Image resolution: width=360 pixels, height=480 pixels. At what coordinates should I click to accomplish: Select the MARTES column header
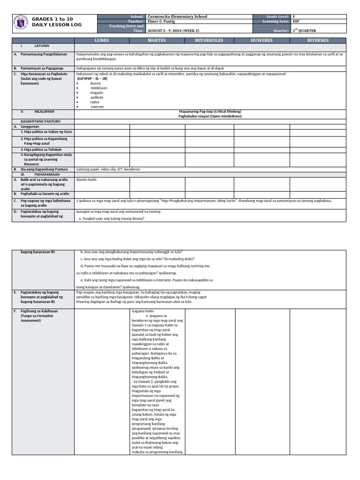(158, 41)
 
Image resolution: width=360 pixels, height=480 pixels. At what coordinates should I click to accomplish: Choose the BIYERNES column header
(318, 41)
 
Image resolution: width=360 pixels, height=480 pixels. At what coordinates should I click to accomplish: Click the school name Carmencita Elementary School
(177, 16)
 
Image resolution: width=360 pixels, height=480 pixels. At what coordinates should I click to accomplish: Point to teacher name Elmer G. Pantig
(165, 21)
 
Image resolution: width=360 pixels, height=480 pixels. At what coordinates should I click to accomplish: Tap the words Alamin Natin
(86, 180)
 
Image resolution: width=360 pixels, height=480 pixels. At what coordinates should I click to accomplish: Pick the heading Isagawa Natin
(142, 310)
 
